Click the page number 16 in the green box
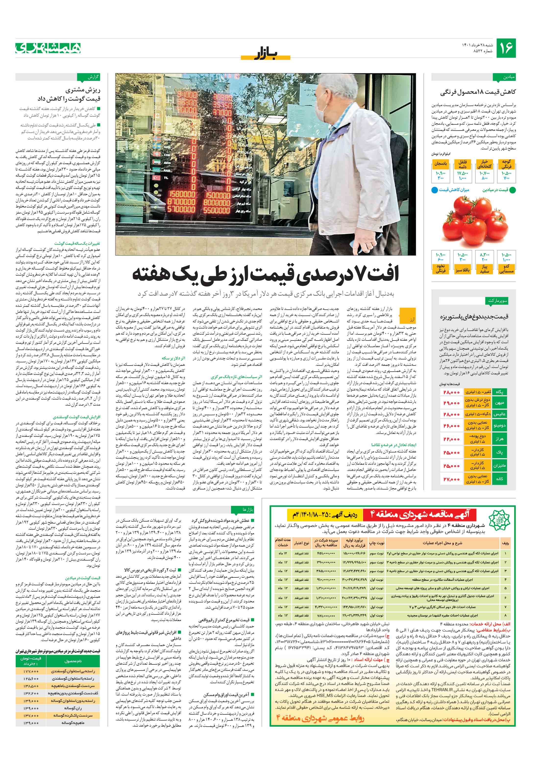(506, 48)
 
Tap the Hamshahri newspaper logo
(48, 48)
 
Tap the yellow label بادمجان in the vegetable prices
(441, 164)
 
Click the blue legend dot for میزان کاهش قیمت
(434, 190)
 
